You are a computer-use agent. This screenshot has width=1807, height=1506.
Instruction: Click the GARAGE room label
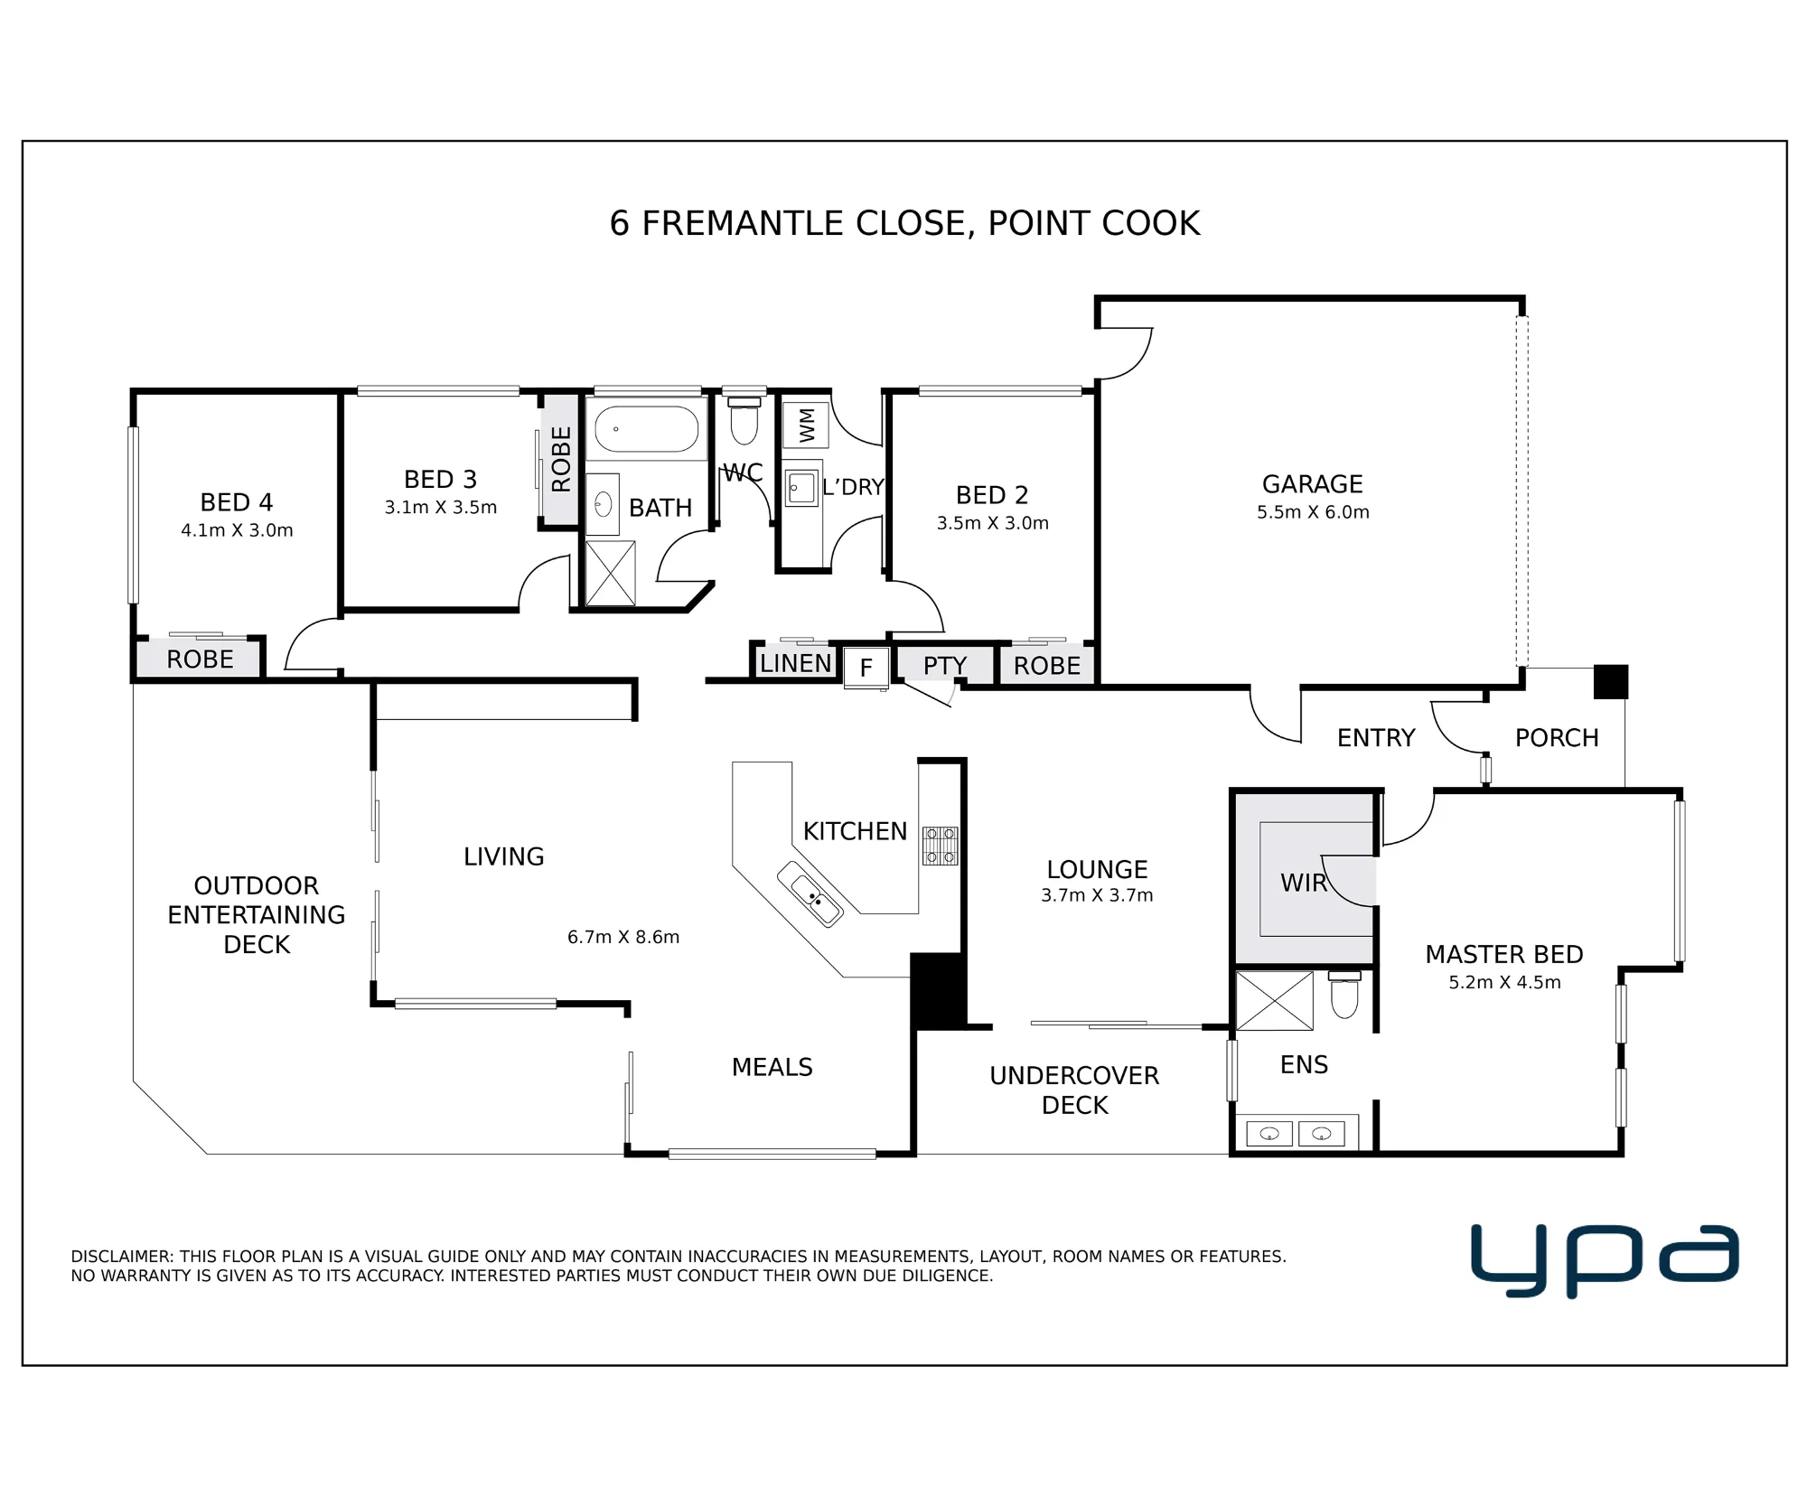(1312, 484)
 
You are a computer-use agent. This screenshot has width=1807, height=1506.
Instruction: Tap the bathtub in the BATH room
(646, 428)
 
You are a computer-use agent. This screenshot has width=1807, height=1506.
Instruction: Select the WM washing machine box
(805, 425)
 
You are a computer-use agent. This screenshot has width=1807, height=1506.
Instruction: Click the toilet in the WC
(744, 419)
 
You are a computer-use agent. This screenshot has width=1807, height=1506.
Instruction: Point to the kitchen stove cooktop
(940, 846)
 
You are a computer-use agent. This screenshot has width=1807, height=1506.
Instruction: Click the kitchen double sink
(810, 894)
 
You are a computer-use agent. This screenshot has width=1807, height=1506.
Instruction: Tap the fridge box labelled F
(866, 668)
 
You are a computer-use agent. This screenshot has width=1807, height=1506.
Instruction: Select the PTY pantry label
(945, 666)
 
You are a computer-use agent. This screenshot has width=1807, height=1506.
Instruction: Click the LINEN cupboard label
(795, 663)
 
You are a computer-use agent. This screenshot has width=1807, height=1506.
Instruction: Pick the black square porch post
(1610, 681)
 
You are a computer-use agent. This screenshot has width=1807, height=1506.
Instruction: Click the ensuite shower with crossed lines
(1274, 1001)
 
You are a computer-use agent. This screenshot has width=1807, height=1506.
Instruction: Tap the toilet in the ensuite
(1344, 994)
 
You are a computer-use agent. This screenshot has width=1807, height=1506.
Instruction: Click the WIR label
(1303, 883)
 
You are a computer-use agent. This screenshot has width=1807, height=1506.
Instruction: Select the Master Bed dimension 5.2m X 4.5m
(1504, 982)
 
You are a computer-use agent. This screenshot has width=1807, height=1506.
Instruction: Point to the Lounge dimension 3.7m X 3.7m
(1097, 895)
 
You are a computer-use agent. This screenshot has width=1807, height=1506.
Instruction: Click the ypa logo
(1605, 1259)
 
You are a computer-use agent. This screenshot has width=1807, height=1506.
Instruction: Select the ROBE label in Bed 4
(200, 659)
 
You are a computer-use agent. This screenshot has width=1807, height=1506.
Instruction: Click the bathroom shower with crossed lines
(611, 574)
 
